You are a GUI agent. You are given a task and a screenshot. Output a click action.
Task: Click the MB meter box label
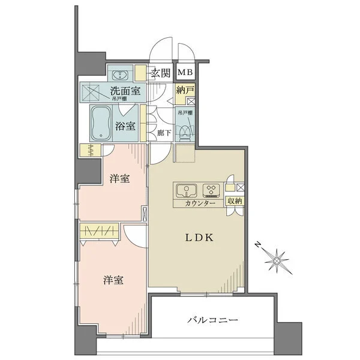tap(185, 73)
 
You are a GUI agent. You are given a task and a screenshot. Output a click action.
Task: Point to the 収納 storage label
tap(235, 201)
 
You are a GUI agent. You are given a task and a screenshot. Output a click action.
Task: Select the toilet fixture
tap(186, 127)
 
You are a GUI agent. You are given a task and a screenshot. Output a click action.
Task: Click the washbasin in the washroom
tap(119, 75)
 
